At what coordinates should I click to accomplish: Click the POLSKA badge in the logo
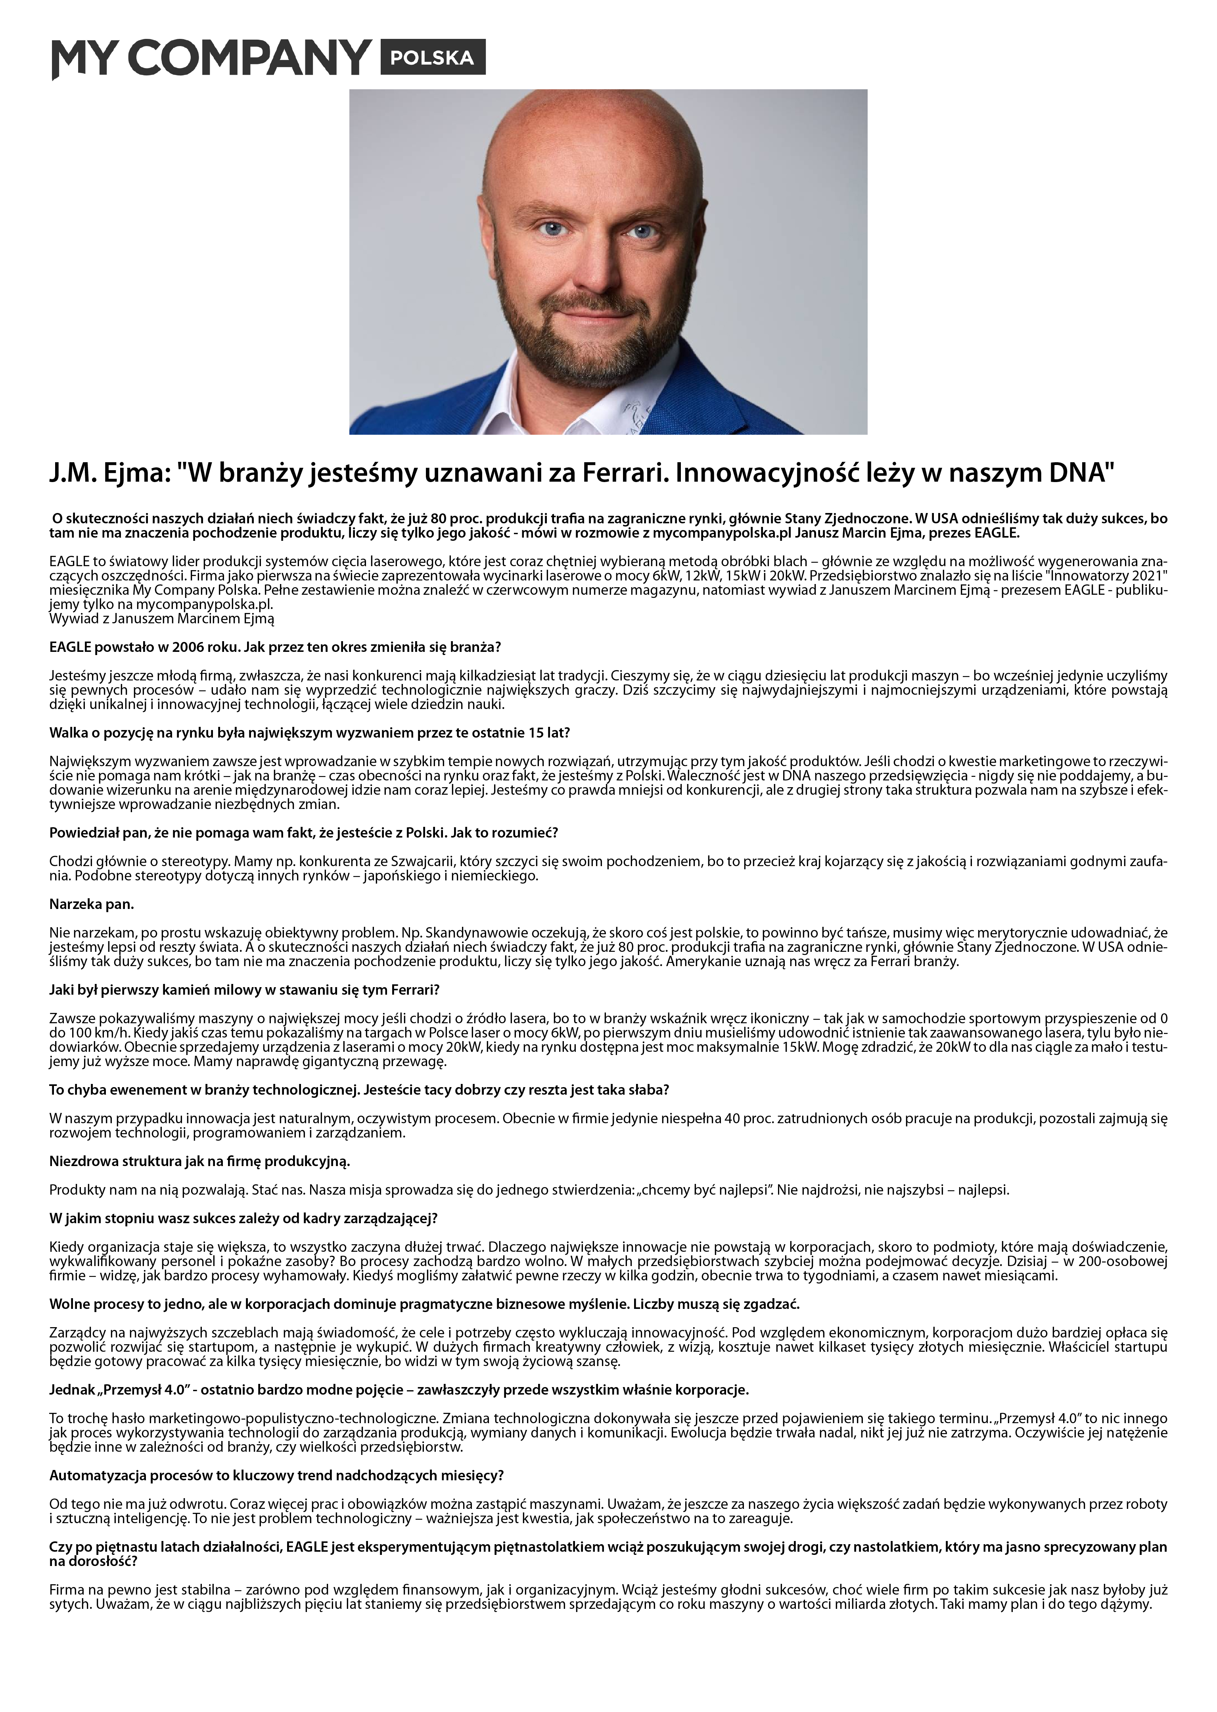(432, 58)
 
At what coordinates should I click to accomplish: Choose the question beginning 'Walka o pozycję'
(309, 732)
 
